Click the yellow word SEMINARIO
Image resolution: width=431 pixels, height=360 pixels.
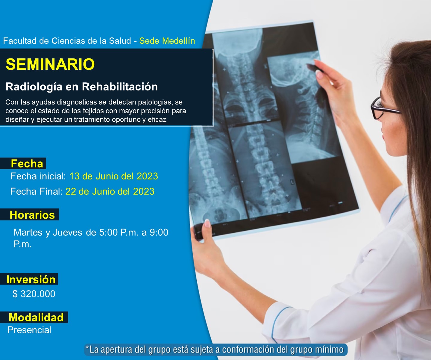(x=50, y=64)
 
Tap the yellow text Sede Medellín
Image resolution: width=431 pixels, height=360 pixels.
(x=167, y=41)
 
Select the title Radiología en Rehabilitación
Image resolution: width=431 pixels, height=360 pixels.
(x=82, y=87)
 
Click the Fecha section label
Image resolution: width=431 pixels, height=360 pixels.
(x=27, y=164)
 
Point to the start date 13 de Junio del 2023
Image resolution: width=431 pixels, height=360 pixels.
(x=114, y=176)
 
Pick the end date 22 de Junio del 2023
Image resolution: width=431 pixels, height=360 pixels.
(x=110, y=191)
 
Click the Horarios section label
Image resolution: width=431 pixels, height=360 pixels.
(x=32, y=215)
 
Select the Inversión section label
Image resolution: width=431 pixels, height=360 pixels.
(x=31, y=279)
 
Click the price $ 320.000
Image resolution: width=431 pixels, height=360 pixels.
(x=34, y=294)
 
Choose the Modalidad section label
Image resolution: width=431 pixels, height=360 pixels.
(x=36, y=317)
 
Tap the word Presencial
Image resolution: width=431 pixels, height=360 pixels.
(x=29, y=330)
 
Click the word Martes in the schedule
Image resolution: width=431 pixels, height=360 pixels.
(x=28, y=232)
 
